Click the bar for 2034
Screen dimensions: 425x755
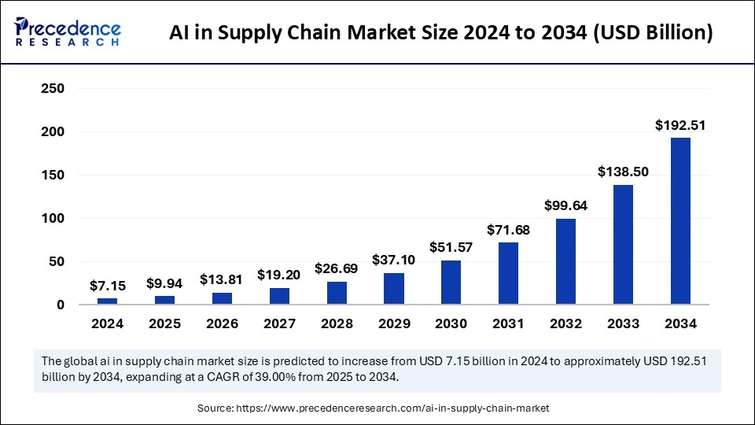680,221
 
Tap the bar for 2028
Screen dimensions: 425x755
337,293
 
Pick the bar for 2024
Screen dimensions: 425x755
107,301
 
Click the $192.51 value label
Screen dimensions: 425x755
680,125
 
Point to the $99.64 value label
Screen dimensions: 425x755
565,205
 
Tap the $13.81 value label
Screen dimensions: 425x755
222,279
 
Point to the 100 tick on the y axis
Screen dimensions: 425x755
52,218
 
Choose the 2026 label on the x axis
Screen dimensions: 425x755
222,323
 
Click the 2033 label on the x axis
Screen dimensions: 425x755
623,323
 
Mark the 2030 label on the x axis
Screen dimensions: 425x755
451,323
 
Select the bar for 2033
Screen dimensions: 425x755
623,245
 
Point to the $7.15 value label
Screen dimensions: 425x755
107,285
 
